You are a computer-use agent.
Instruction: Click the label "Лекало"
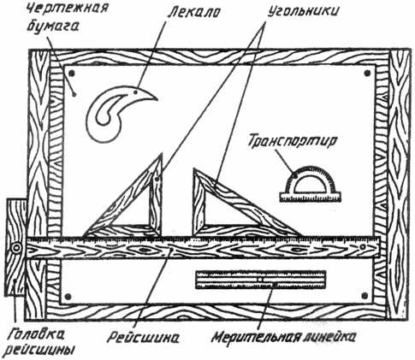point(193,12)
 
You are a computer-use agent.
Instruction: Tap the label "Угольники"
point(304,12)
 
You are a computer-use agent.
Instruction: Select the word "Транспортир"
point(293,142)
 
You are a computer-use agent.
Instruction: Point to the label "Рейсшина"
point(143,338)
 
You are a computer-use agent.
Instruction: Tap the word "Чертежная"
point(68,9)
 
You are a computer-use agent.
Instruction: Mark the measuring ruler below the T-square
point(260,280)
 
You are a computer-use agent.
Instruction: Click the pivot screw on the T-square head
point(16,247)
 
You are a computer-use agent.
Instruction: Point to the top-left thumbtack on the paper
point(72,74)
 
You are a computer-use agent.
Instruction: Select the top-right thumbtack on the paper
point(368,74)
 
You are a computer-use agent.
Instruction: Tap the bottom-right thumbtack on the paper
point(365,296)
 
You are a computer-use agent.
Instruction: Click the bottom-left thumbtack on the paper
point(68,297)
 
